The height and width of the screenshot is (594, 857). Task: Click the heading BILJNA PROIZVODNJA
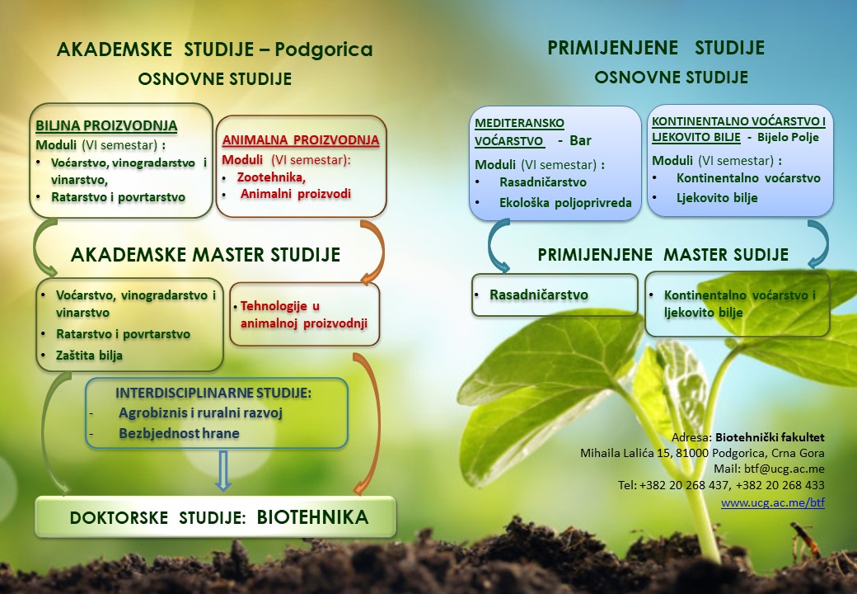(x=106, y=125)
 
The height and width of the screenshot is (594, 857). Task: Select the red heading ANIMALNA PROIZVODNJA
(x=301, y=140)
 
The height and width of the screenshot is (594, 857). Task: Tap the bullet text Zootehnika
(x=271, y=177)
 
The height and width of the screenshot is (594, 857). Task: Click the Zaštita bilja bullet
(x=89, y=356)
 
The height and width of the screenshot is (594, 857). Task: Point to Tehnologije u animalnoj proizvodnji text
(x=304, y=314)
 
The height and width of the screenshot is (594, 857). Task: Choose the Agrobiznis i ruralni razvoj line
(x=200, y=413)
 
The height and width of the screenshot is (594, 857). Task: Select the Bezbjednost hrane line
(x=180, y=433)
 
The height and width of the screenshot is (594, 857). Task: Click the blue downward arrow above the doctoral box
(x=222, y=470)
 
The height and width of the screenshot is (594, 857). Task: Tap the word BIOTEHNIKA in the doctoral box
(x=312, y=517)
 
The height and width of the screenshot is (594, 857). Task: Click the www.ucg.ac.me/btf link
(x=773, y=502)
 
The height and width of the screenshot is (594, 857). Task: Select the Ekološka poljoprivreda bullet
(x=565, y=203)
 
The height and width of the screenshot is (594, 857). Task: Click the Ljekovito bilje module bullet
(x=717, y=198)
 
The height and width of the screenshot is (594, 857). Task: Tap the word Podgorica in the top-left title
(x=324, y=49)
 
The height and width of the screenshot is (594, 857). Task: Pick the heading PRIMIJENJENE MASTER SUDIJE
(x=663, y=254)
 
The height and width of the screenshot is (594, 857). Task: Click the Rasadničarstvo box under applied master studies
(x=555, y=295)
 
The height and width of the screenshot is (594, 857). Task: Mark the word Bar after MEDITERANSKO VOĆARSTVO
(x=580, y=140)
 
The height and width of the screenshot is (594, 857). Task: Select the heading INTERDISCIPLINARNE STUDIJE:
(x=213, y=393)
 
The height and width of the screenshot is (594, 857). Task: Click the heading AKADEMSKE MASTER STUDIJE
(x=205, y=255)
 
